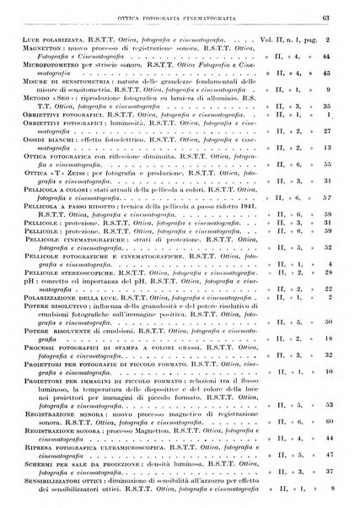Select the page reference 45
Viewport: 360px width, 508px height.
[336, 74]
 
